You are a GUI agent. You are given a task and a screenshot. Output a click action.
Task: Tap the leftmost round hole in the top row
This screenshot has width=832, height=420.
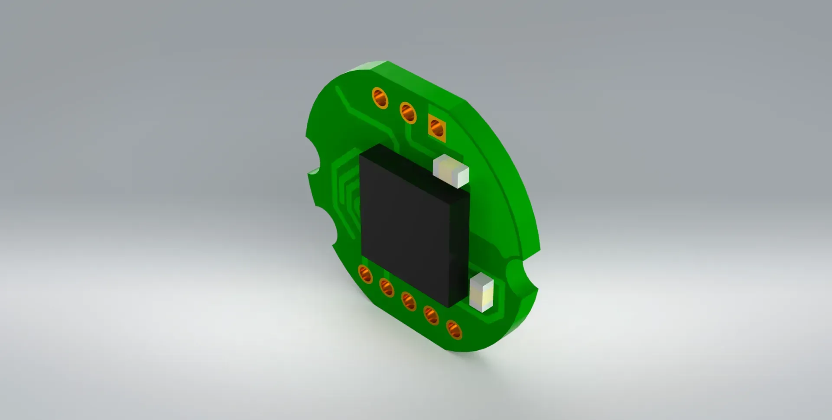[380, 98]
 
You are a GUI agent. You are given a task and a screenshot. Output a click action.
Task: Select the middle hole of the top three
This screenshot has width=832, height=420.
[408, 113]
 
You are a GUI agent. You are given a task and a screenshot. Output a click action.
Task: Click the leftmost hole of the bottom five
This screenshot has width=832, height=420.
[365, 275]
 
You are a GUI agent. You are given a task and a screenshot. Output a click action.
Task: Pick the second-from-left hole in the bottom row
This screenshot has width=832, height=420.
[387, 287]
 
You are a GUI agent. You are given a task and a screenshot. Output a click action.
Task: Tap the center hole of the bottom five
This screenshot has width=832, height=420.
[409, 301]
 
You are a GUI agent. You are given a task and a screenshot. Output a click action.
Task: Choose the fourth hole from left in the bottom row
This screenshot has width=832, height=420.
[431, 315]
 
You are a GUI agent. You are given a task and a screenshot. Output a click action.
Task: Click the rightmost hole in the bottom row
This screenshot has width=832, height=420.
[454, 330]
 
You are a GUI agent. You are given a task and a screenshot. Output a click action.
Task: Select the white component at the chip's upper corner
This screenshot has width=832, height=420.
[451, 171]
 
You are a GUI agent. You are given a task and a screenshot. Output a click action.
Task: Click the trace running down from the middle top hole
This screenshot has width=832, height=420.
[409, 134]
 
